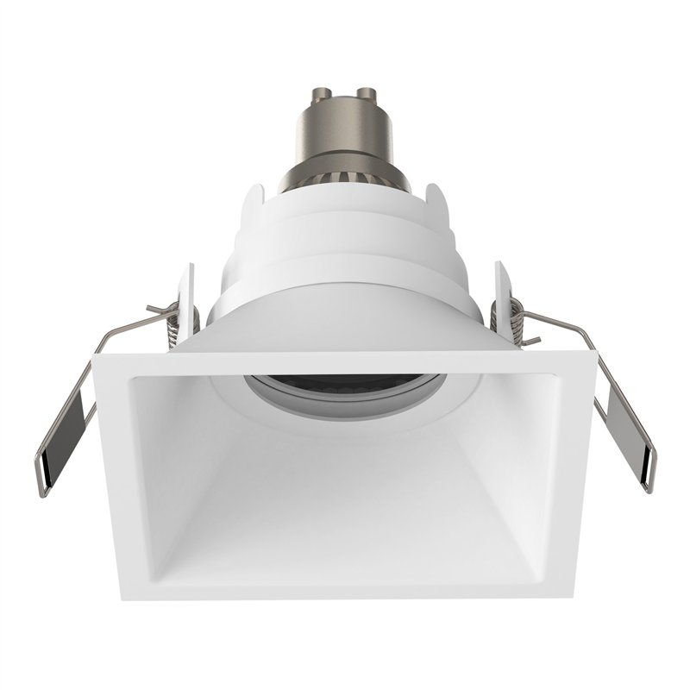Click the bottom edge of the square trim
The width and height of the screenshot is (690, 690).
pyautogui.click(x=345, y=589)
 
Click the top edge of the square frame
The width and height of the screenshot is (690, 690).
pyautogui.click(x=345, y=363)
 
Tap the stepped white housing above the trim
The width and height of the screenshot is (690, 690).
pyautogui.click(x=345, y=250)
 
